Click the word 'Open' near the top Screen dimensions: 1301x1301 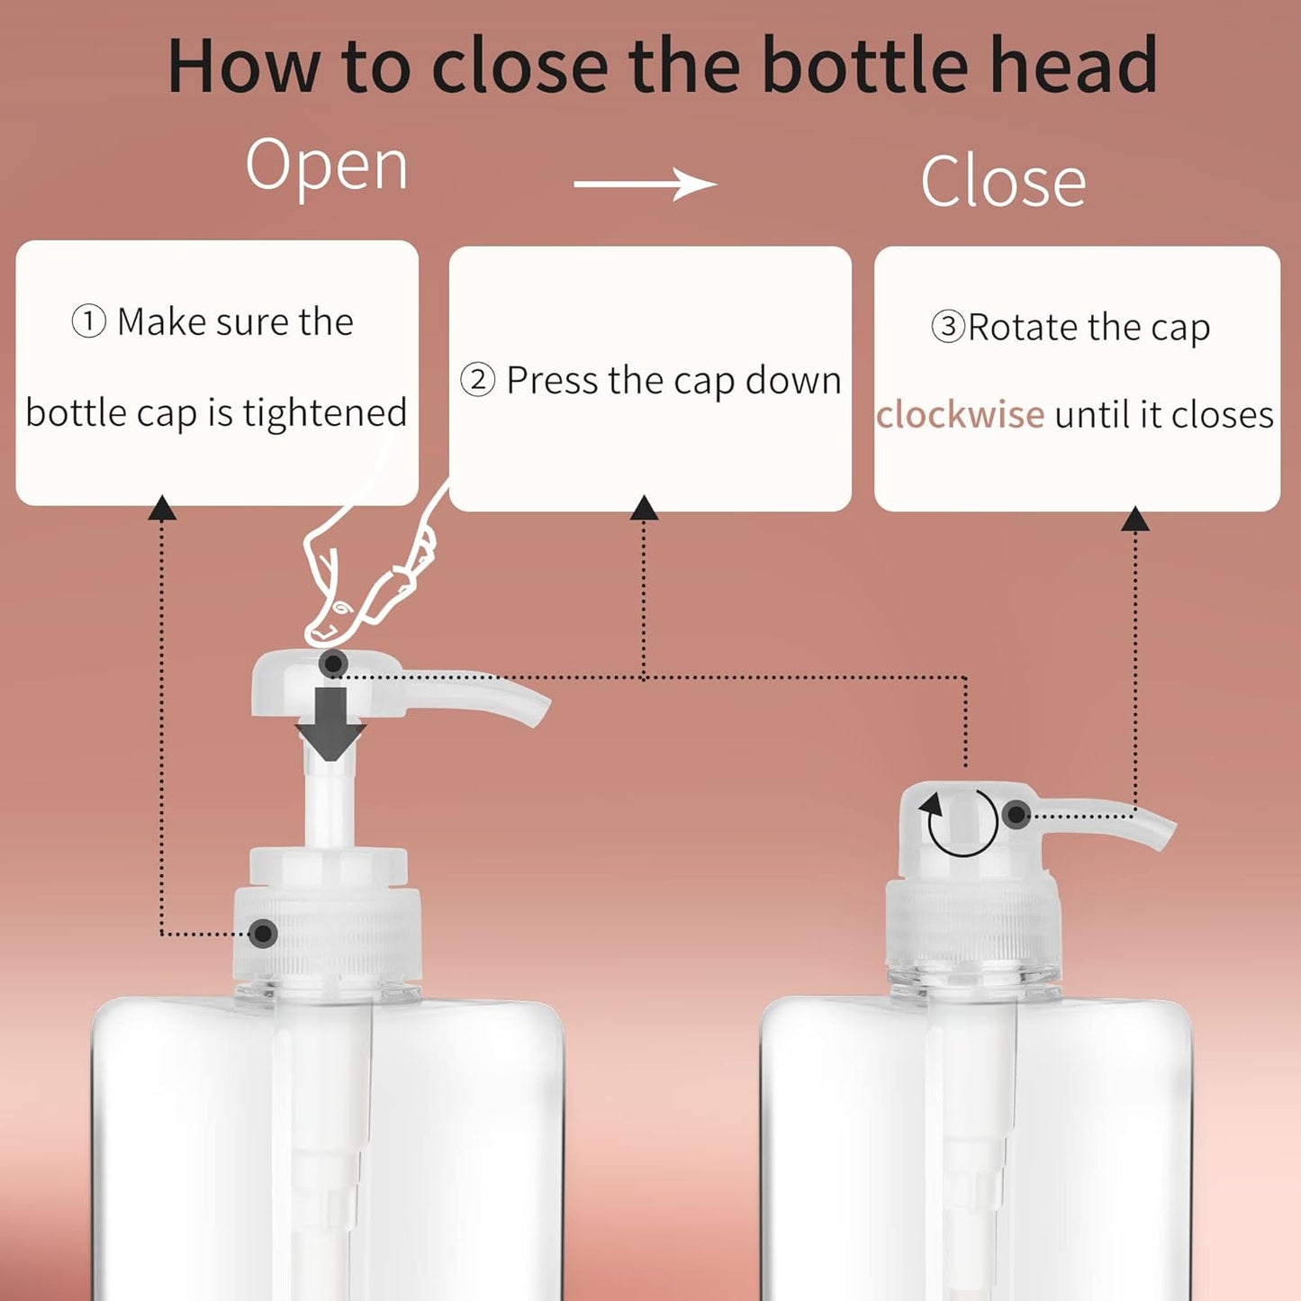[327, 167]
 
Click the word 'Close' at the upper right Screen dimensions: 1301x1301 [1003, 182]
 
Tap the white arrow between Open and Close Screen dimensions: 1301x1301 [645, 185]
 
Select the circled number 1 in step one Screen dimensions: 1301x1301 [88, 321]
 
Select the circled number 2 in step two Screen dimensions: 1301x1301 [477, 380]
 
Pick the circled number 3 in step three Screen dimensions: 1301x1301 [948, 326]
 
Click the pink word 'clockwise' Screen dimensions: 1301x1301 [960, 415]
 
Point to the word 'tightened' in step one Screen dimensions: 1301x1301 [325, 413]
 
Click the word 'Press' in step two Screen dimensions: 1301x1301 [552, 380]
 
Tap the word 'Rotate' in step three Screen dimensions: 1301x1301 [1023, 327]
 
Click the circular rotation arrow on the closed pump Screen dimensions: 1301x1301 [962, 821]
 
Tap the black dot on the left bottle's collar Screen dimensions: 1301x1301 [262, 933]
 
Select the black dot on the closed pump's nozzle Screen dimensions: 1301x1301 [1016, 815]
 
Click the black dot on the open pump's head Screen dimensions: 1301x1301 [333, 664]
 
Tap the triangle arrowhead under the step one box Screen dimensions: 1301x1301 [162, 509]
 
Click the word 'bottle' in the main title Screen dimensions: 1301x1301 [866, 65]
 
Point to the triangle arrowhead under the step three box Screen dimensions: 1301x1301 [1135, 519]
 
